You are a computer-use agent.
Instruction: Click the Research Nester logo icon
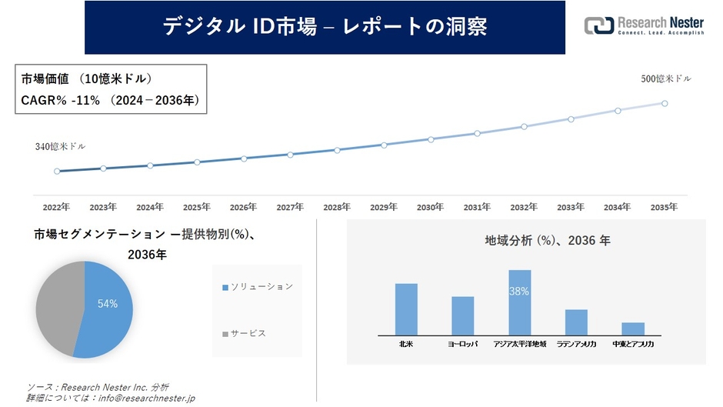tap(599, 25)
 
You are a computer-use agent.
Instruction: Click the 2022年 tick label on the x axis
tap(56, 207)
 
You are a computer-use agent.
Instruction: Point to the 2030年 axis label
tap(430, 207)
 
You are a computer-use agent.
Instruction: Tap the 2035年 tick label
tap(664, 207)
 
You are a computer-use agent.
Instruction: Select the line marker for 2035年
tap(665, 103)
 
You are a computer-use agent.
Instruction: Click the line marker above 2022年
tap(57, 171)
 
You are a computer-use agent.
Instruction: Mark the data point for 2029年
tap(384, 145)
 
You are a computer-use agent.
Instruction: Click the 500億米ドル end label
tap(666, 79)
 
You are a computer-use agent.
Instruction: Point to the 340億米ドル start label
tap(60, 146)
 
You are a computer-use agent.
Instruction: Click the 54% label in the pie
tap(108, 304)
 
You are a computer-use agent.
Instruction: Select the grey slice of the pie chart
tap(58, 308)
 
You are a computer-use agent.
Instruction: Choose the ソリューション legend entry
tap(258, 287)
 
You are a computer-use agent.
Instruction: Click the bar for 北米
tap(406, 309)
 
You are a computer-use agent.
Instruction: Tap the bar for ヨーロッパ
tap(462, 315)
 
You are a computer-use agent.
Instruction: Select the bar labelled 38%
tap(519, 302)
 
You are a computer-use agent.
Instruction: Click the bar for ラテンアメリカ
tap(576, 322)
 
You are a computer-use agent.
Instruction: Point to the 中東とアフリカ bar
tap(633, 329)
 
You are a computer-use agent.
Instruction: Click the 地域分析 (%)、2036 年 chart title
tap(526, 241)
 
